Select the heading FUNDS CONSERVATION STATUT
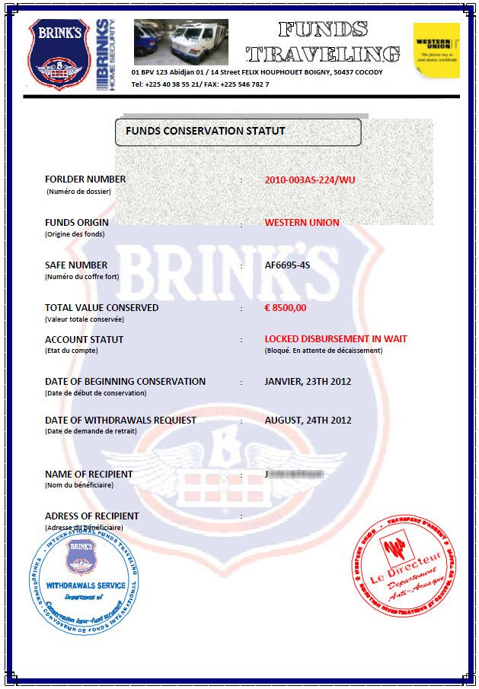click(206, 131)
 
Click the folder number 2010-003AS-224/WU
click(310, 180)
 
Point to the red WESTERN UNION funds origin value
click(302, 223)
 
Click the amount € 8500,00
click(285, 308)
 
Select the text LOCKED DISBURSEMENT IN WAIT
click(335, 339)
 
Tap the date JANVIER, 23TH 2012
click(308, 381)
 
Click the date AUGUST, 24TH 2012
click(308, 420)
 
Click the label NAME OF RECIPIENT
click(88, 474)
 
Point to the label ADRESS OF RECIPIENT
click(92, 516)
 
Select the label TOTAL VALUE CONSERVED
click(102, 308)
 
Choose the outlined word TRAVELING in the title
click(324, 54)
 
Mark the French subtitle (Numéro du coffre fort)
click(82, 276)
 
